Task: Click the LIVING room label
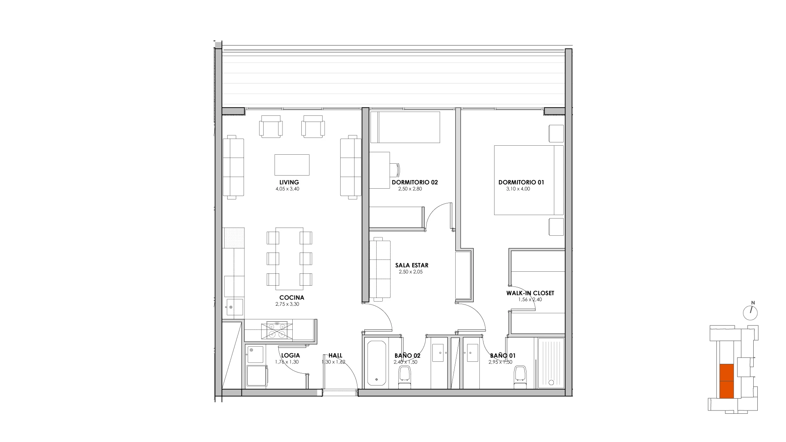(289, 183)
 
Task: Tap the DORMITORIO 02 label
(415, 183)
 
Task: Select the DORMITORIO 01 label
(521, 183)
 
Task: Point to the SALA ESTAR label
(412, 265)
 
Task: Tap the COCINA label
(292, 298)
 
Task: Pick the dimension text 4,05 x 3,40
(287, 189)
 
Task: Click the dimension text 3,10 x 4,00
(518, 189)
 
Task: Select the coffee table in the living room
(292, 165)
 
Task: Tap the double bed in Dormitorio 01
(529, 180)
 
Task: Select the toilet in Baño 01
(520, 377)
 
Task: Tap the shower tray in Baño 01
(551, 362)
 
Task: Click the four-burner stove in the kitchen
(276, 330)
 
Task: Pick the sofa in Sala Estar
(380, 269)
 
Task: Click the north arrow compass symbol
(750, 312)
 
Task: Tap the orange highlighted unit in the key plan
(727, 381)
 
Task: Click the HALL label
(335, 356)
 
